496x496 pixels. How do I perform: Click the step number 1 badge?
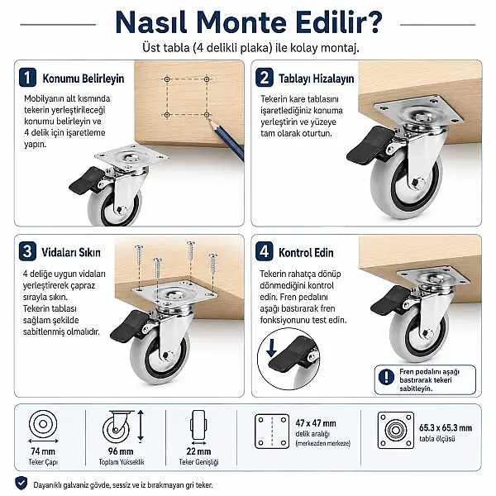pyautogui.click(x=27, y=77)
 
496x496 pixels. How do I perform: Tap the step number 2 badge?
pyautogui.click(x=265, y=77)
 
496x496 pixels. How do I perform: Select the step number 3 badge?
pyautogui.click(x=27, y=251)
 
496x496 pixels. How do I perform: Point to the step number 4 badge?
pyautogui.click(x=265, y=251)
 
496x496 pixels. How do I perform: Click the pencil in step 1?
pyautogui.click(x=225, y=139)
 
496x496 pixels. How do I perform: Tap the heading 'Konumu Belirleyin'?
pyautogui.click(x=83, y=79)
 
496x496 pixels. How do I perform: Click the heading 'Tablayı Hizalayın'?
pyautogui.click(x=317, y=79)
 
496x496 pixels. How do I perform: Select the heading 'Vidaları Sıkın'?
pyautogui.click(x=71, y=252)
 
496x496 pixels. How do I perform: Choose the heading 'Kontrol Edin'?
pyautogui.click(x=306, y=253)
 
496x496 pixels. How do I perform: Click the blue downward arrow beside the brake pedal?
pyautogui.click(x=271, y=349)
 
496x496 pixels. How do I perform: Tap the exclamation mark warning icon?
pyautogui.click(x=386, y=377)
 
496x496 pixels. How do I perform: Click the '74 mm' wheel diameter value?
pyautogui.click(x=43, y=451)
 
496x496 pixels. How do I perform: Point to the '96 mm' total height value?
pyautogui.click(x=121, y=451)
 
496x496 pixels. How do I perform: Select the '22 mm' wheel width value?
pyautogui.click(x=198, y=451)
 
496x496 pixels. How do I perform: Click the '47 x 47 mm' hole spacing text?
pyautogui.click(x=316, y=423)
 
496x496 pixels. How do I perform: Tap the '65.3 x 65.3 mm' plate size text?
pyautogui.click(x=446, y=428)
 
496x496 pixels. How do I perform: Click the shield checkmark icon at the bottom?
pyautogui.click(x=21, y=484)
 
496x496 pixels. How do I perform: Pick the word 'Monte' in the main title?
pyautogui.click(x=241, y=23)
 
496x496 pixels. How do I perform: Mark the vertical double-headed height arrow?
pyautogui.click(x=141, y=426)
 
